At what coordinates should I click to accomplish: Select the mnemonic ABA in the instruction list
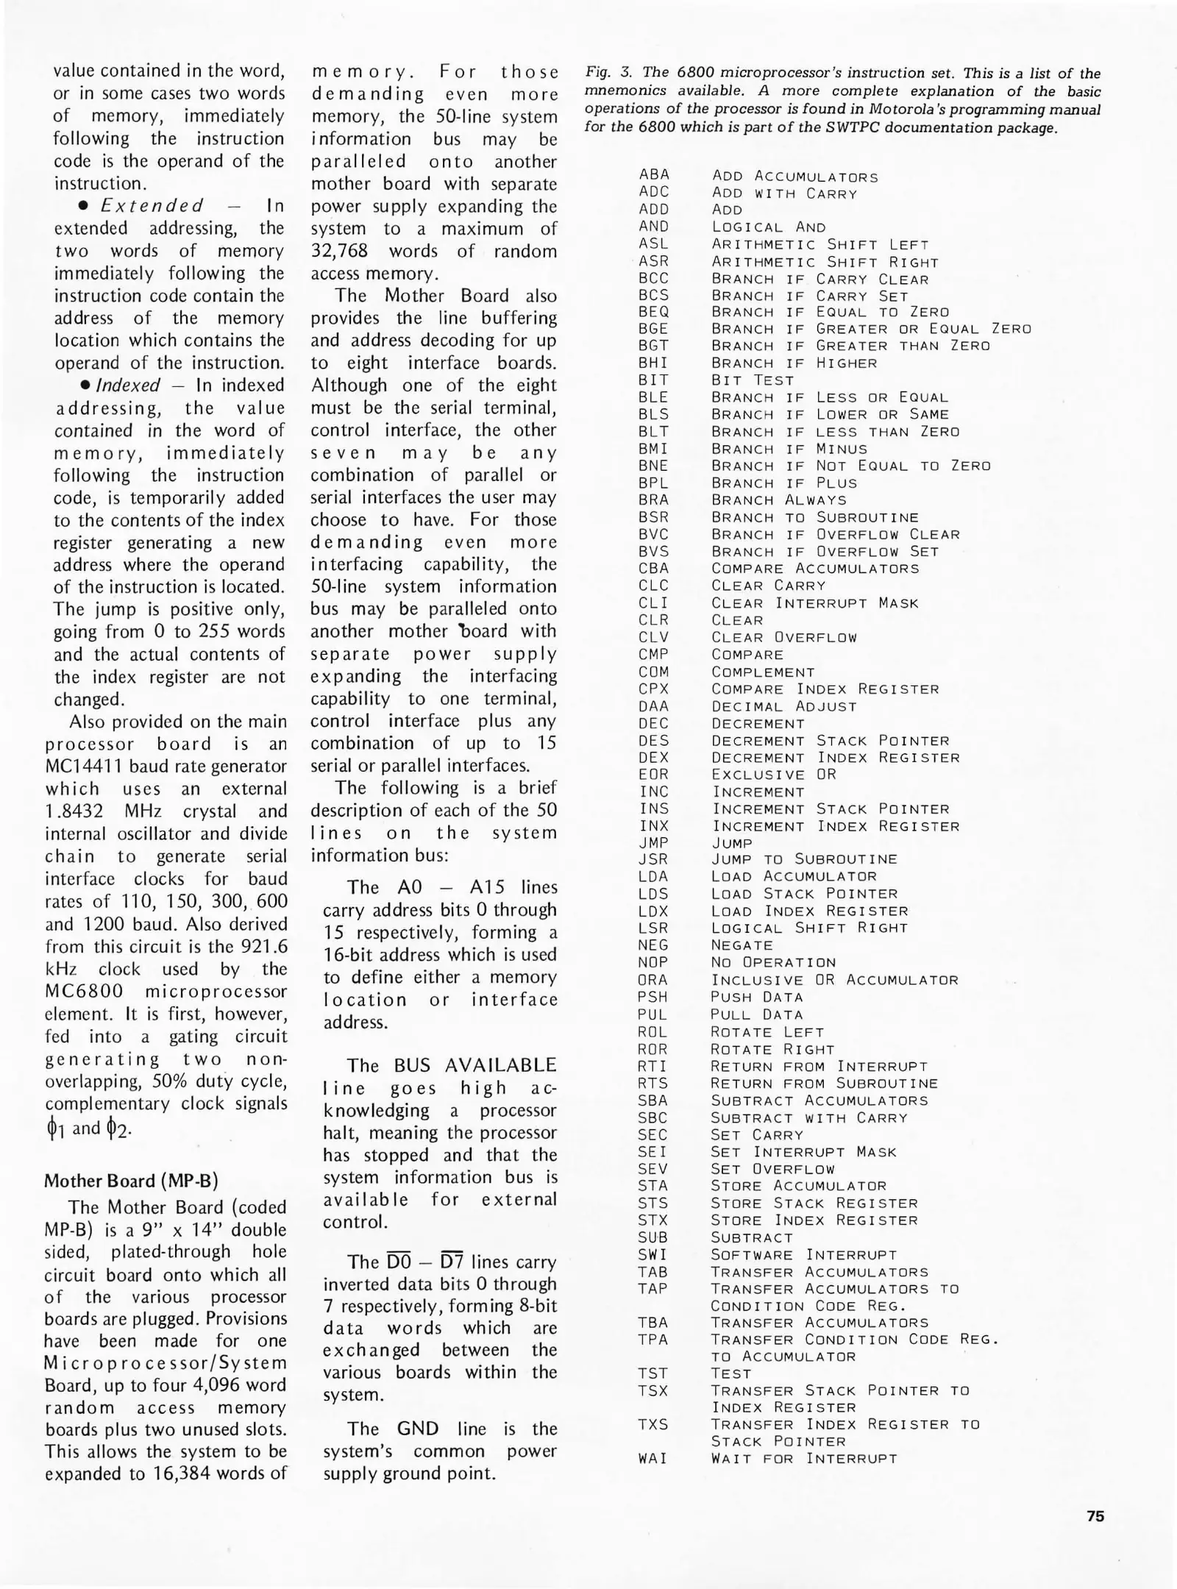654,175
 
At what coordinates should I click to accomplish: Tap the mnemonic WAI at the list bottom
652,1459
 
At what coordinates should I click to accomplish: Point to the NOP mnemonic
652,962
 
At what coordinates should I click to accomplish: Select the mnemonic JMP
653,843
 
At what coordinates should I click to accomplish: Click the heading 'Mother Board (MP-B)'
132,1181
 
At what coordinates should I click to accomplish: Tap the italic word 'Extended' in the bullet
152,206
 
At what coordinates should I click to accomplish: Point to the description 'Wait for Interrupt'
804,1459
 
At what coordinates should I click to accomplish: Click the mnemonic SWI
652,1255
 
